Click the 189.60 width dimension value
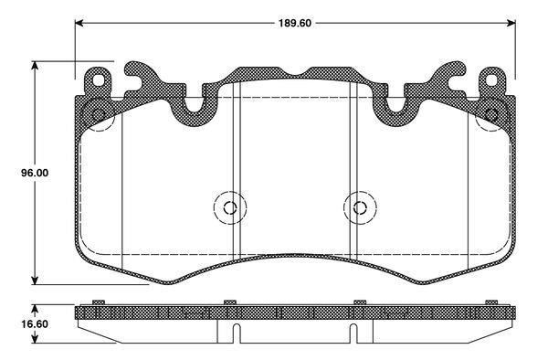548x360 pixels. pos(295,23)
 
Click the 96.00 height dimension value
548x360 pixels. pos(35,173)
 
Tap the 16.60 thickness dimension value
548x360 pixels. pos(35,324)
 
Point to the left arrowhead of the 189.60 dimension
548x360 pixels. pos(79,23)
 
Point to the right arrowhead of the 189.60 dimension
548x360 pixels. pos(511,23)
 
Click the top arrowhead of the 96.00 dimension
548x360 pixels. pos(35,66)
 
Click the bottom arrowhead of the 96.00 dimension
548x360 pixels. pos(35,280)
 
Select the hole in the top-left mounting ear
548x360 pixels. pos(99,80)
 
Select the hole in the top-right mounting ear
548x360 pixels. pos(491,80)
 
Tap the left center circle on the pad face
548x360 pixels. pos(230,207)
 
